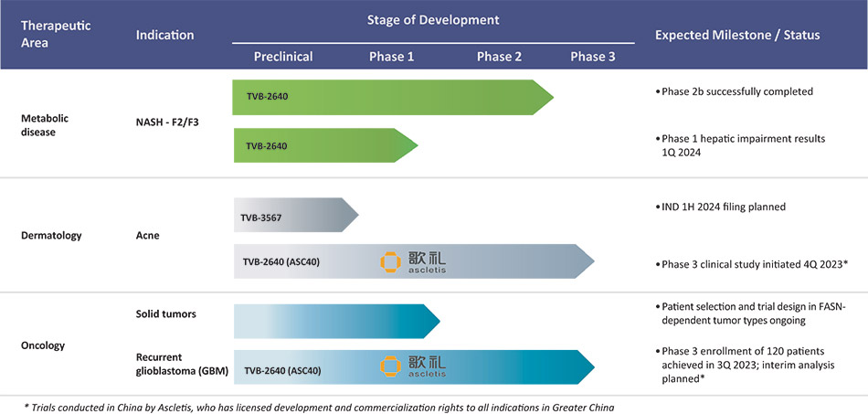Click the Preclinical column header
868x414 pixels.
tap(282, 57)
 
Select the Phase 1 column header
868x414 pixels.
tap(391, 57)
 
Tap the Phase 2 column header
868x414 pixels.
tap(499, 57)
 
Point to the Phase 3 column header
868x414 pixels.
tap(593, 57)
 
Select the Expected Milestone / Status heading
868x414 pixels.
tap(737, 35)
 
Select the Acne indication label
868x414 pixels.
tap(148, 235)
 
